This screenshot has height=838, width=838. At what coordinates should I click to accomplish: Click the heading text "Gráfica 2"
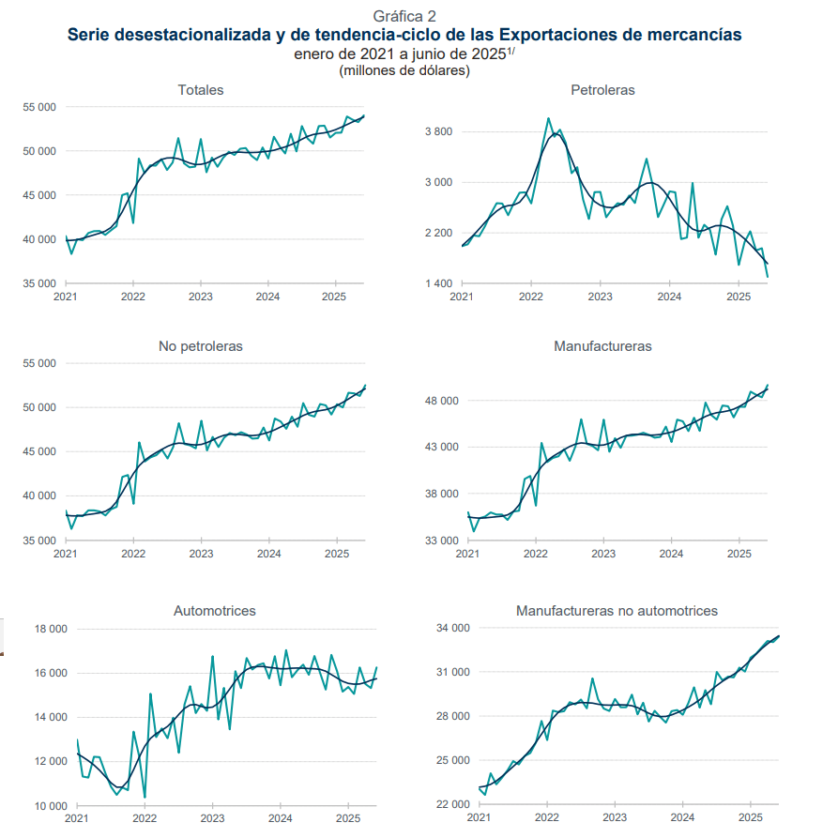click(x=404, y=16)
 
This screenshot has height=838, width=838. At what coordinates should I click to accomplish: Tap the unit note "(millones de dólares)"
click(x=404, y=70)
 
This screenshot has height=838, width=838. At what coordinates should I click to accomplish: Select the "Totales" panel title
click(x=201, y=90)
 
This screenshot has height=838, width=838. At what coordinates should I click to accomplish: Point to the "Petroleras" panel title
click(x=602, y=90)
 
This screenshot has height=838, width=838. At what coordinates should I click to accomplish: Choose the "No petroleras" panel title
click(x=201, y=346)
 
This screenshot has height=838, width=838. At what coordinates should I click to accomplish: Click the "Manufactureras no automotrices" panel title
click(x=617, y=611)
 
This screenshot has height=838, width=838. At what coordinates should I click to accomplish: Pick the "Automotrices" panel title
click(x=215, y=611)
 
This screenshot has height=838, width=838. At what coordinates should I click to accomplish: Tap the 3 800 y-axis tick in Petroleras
click(x=438, y=131)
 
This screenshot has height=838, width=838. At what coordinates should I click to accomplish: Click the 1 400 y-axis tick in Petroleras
click(x=438, y=283)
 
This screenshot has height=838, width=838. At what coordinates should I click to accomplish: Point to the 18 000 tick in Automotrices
click(x=52, y=629)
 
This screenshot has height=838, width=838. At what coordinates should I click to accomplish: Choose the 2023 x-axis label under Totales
click(x=200, y=297)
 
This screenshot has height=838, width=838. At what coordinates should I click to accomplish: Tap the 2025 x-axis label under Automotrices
click(x=347, y=819)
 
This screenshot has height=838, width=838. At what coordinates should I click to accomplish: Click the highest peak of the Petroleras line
click(x=548, y=118)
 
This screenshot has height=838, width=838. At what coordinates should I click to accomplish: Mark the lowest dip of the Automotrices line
click(x=145, y=798)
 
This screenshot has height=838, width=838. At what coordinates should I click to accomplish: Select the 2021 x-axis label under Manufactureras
click(x=467, y=555)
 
